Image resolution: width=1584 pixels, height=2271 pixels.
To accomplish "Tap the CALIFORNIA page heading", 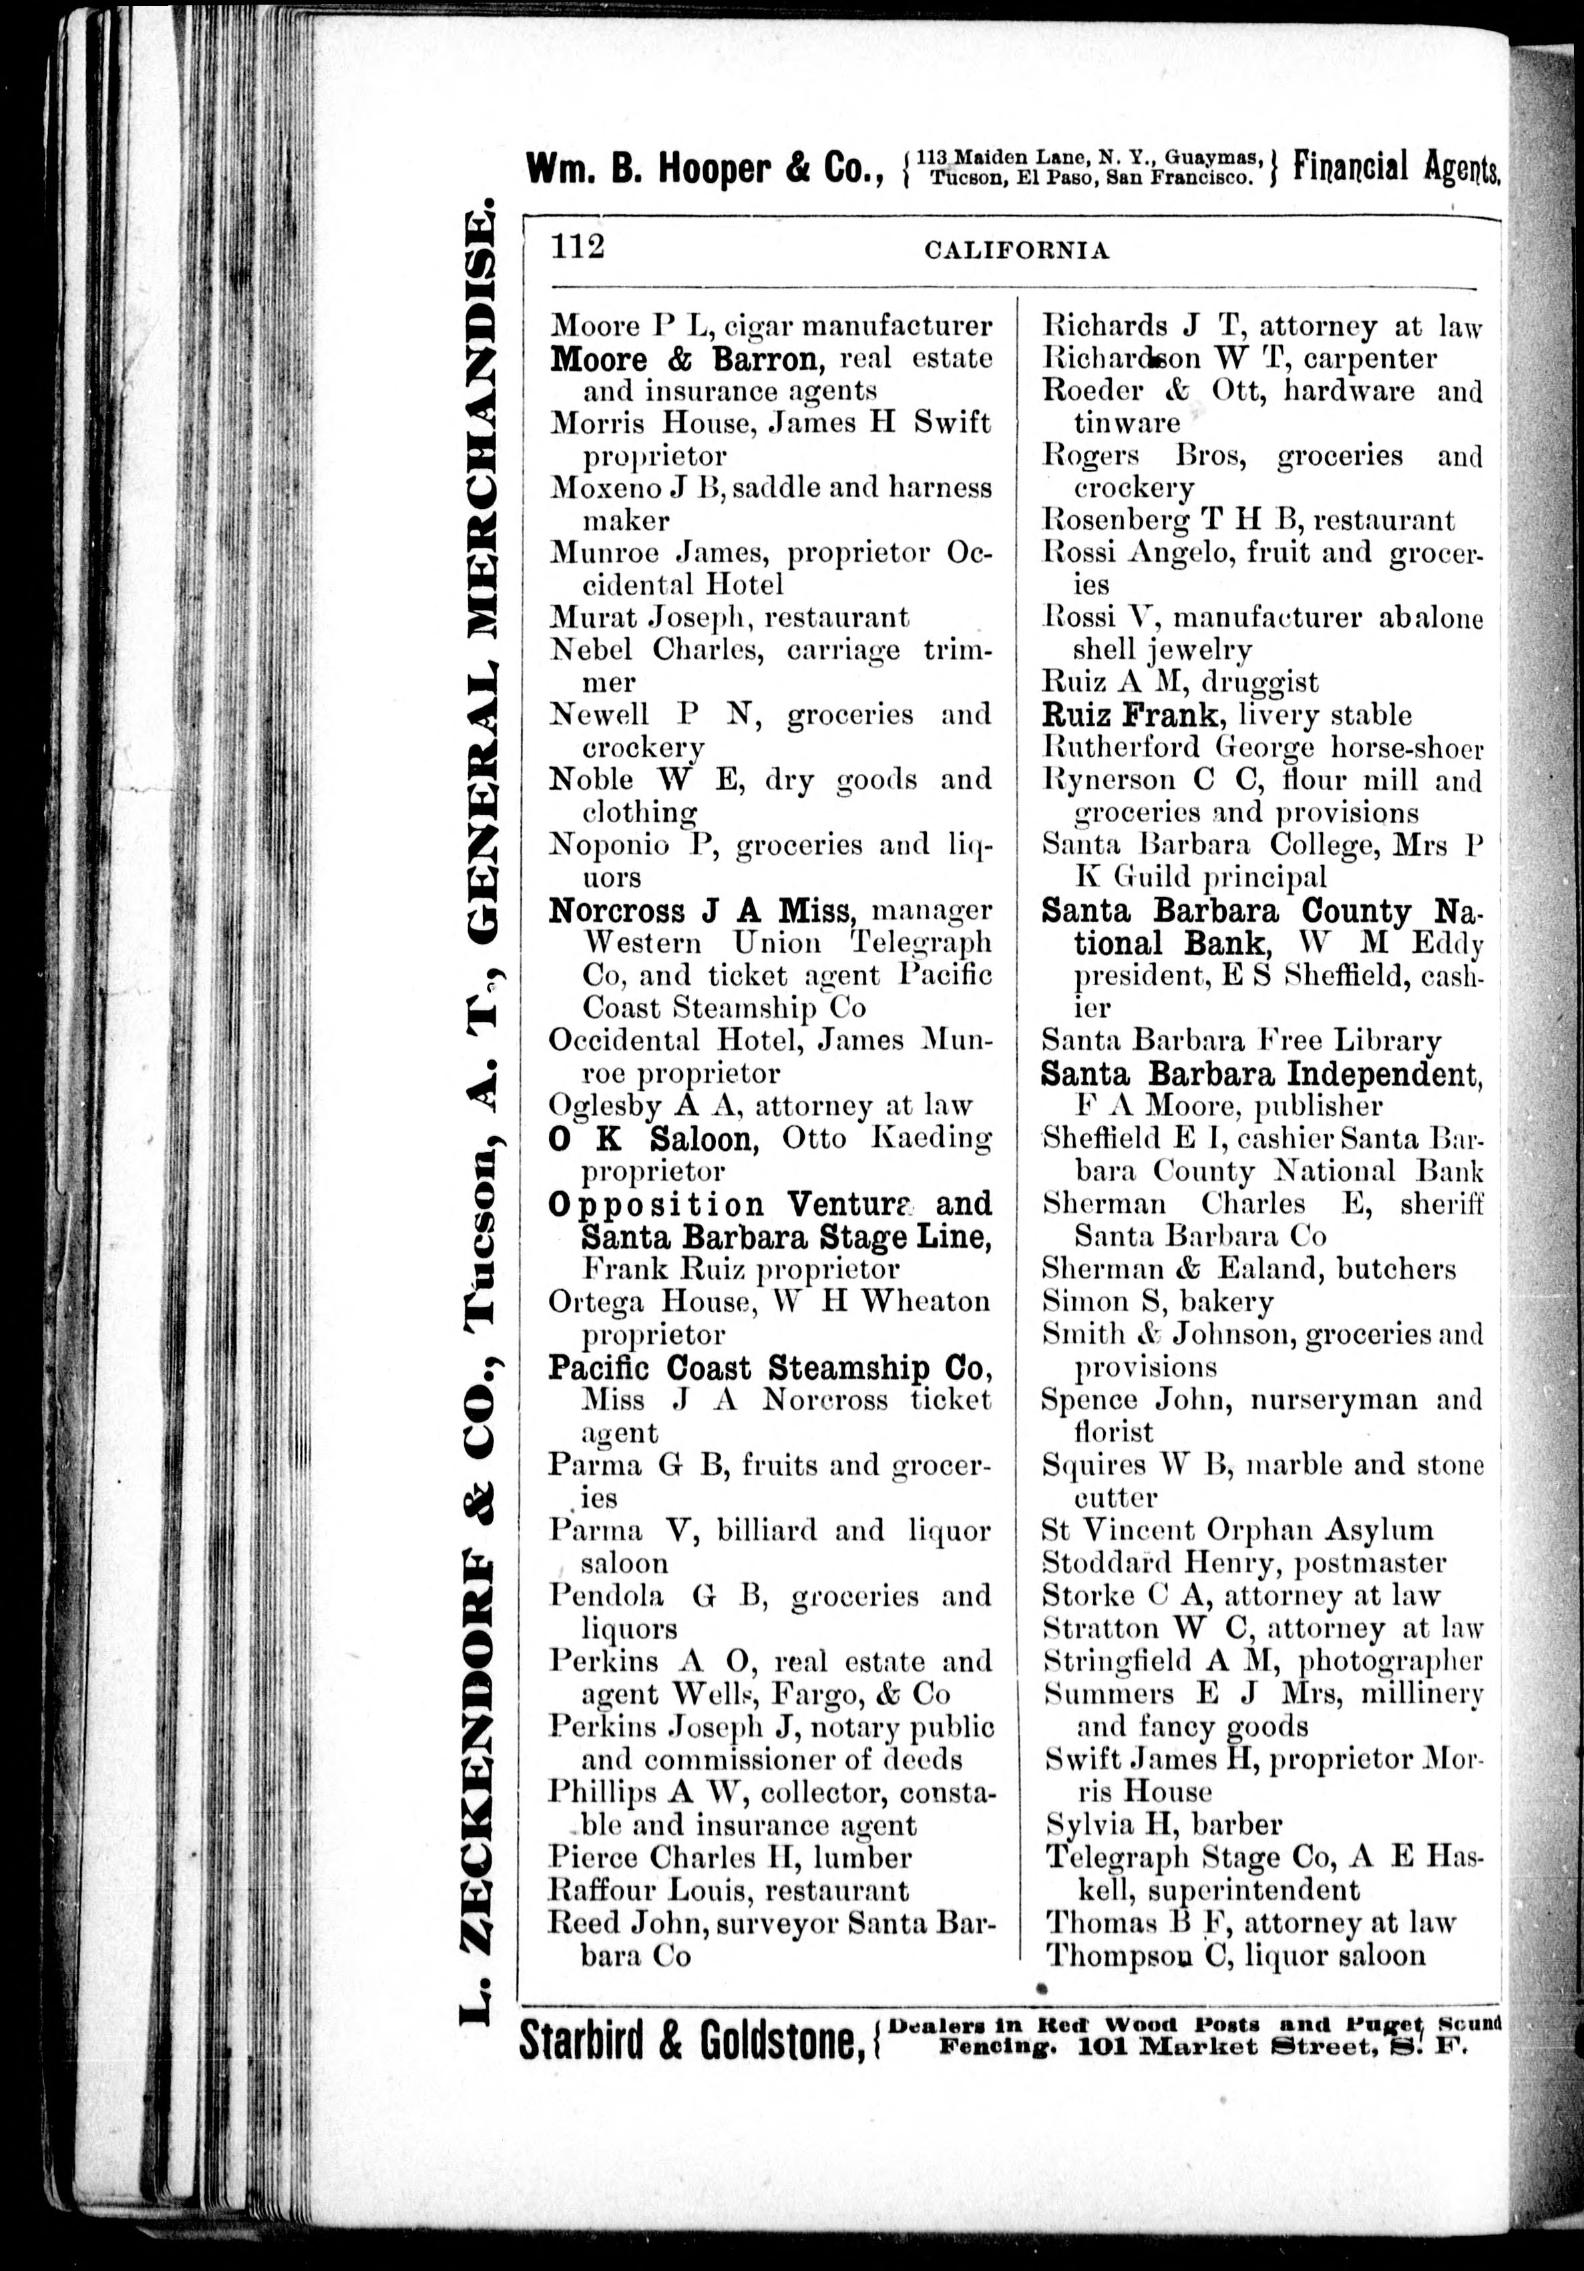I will click(1016, 251).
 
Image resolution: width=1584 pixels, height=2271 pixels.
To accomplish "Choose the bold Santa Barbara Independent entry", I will click(1261, 1074).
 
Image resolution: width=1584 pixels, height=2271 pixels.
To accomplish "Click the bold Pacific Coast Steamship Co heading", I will click(767, 1368).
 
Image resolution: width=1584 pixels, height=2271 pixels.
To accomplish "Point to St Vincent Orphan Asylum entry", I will click(1237, 1530).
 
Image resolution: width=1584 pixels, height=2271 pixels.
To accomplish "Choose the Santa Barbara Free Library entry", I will click(1241, 1041).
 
